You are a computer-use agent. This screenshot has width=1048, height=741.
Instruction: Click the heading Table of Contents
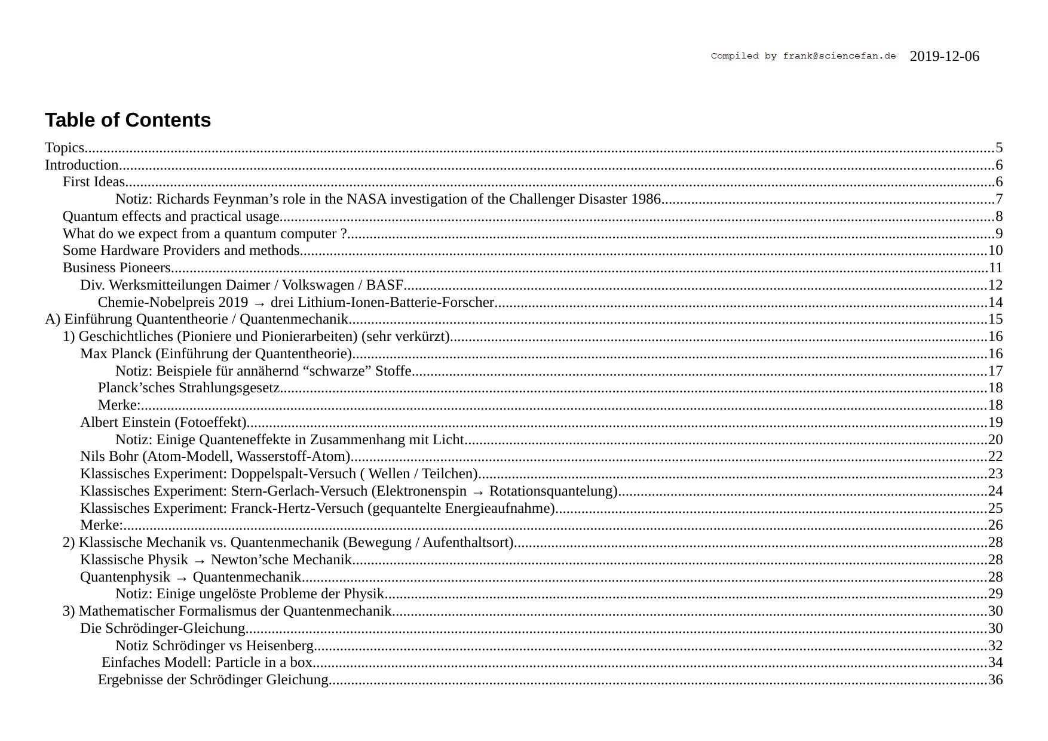pos(128,120)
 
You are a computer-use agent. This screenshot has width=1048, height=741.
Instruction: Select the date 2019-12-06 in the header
pos(944,57)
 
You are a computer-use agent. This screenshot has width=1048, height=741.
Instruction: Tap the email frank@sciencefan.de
pos(839,56)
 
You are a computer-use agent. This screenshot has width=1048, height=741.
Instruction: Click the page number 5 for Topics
pos(999,148)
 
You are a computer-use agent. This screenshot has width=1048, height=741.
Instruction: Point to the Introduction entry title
pos(82,165)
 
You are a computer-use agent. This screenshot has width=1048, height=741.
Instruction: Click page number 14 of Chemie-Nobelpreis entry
pos(995,303)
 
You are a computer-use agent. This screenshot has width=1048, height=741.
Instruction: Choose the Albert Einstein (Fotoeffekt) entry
pos(164,423)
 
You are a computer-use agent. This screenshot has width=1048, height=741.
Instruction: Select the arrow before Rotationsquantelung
pos(477,492)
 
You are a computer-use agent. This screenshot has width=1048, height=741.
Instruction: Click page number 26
pos(995,525)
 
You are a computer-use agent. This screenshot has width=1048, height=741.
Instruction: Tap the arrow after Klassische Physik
pos(200,561)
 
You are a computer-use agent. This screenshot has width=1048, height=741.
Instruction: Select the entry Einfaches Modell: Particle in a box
pos(207,663)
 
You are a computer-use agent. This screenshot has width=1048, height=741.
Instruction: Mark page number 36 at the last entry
pos(995,680)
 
